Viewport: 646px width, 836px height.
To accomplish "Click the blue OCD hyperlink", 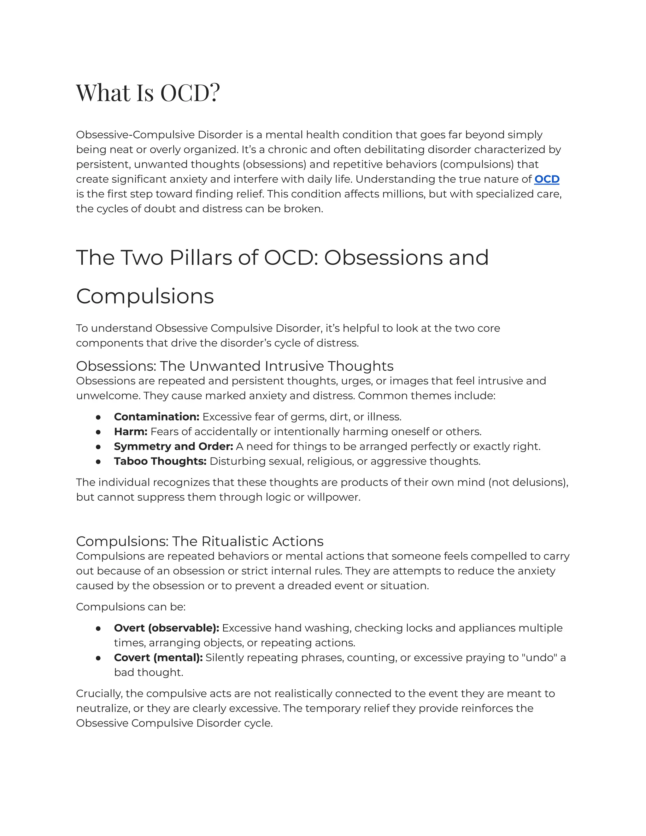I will pyautogui.click(x=547, y=179).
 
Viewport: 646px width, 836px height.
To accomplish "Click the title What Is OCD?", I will pyautogui.click(x=148, y=93).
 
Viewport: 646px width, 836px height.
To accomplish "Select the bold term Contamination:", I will pyautogui.click(x=156, y=416).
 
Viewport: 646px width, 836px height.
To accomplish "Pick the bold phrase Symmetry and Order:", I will pyautogui.click(x=173, y=446).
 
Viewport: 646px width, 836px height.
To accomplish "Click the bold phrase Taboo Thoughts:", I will pyautogui.click(x=160, y=461).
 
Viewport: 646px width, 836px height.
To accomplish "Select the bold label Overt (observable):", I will pyautogui.click(x=167, y=628).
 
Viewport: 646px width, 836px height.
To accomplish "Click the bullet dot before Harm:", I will pyautogui.click(x=98, y=432).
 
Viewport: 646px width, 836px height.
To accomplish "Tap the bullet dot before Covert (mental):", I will pyautogui.click(x=98, y=658).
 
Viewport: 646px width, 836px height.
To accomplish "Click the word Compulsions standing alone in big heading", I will pyautogui.click(x=145, y=296).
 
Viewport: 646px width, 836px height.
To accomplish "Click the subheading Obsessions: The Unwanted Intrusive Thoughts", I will pyautogui.click(x=235, y=366).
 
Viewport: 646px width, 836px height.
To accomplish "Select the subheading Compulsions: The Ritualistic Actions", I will pyautogui.click(x=200, y=541).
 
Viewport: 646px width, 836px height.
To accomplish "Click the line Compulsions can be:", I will pyautogui.click(x=131, y=607).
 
